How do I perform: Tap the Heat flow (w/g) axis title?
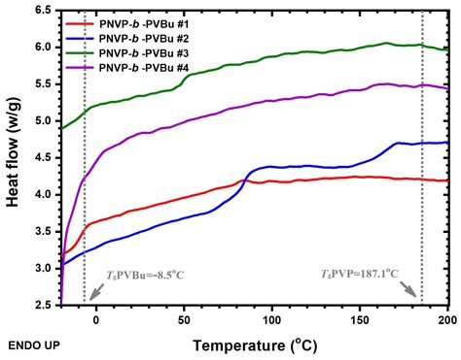coord(14,157)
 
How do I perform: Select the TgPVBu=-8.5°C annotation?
coord(137,275)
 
